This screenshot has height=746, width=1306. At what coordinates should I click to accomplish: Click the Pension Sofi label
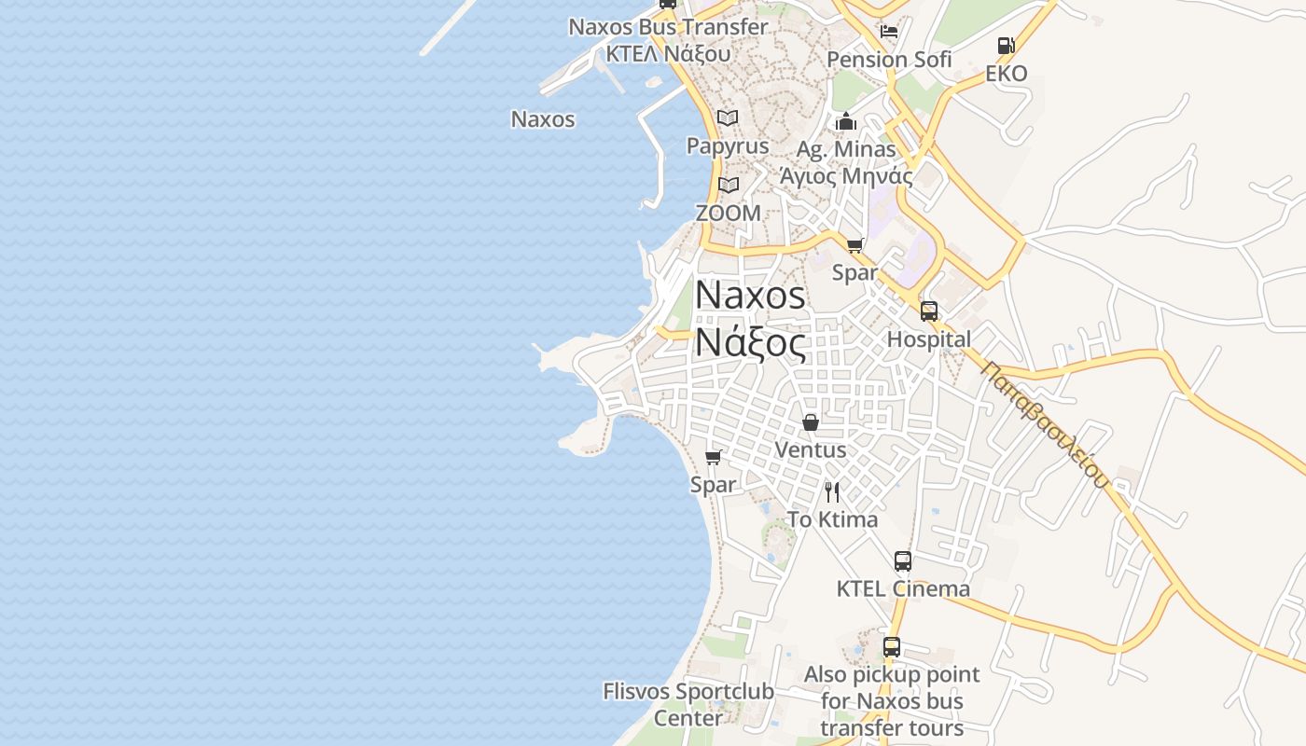click(889, 60)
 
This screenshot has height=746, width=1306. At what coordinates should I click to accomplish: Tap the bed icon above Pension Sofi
click(889, 31)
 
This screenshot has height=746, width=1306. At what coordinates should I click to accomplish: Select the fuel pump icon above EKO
click(1006, 45)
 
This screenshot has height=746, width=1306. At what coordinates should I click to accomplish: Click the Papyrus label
click(728, 146)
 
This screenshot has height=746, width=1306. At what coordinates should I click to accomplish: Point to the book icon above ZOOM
click(729, 185)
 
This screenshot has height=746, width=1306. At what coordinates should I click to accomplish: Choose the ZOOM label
click(729, 214)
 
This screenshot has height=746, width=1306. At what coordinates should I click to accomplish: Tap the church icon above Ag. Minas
click(846, 121)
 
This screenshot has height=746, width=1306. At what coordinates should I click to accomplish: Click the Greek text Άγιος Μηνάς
click(846, 175)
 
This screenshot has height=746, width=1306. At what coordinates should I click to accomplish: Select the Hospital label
click(928, 339)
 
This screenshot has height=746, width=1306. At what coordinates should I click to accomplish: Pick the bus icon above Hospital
click(929, 311)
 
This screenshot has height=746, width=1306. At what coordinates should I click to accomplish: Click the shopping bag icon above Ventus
click(811, 422)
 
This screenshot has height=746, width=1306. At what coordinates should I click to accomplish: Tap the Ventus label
click(811, 449)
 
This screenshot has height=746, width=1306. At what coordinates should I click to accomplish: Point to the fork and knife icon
click(832, 492)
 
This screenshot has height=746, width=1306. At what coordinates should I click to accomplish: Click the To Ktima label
click(832, 519)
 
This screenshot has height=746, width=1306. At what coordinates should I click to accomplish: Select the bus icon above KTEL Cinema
click(903, 560)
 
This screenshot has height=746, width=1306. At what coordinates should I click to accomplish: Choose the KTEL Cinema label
click(903, 588)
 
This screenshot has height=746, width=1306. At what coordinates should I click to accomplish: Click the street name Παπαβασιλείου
click(1046, 424)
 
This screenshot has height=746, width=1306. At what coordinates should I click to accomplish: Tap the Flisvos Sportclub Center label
click(688, 705)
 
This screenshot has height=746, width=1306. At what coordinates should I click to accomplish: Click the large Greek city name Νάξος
click(750, 344)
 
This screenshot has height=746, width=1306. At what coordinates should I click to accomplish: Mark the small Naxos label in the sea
click(543, 119)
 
